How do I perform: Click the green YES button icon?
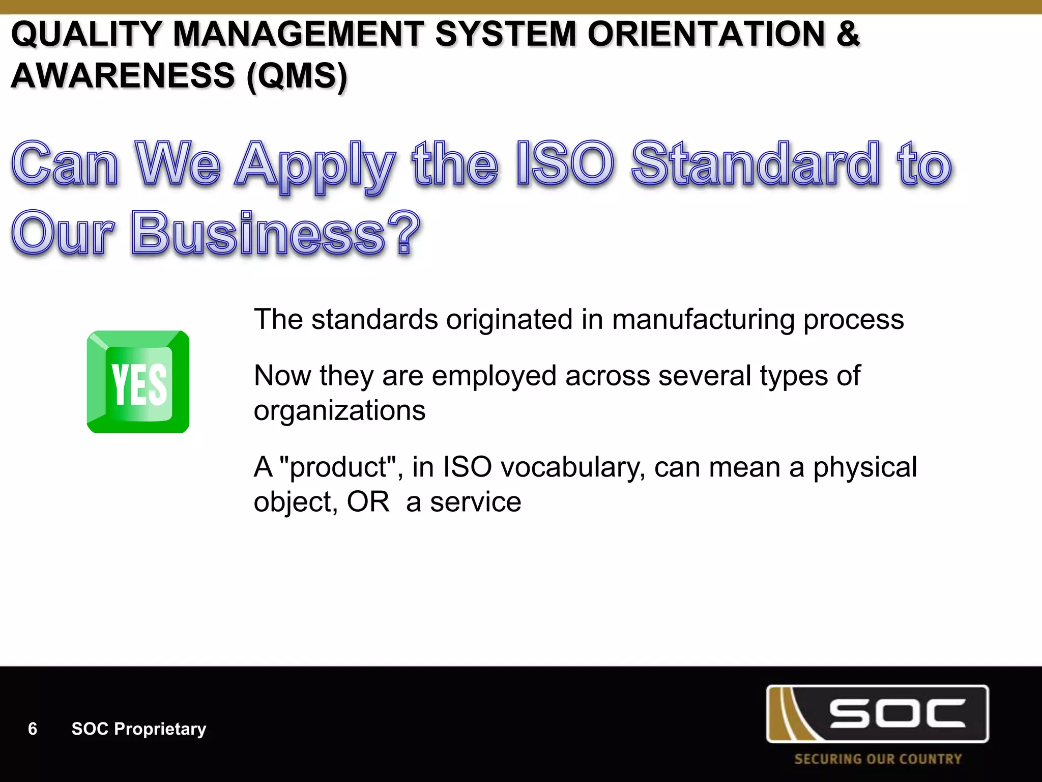(138, 382)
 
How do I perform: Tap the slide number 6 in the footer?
(33, 729)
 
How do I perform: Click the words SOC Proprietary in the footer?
(139, 729)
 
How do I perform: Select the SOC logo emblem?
(877, 713)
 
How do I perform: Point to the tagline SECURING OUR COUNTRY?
(878, 759)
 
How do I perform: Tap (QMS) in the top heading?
(297, 76)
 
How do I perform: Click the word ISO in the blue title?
(565, 164)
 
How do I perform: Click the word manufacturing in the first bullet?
(703, 320)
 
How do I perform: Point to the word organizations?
(339, 411)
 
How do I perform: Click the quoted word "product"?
(338, 467)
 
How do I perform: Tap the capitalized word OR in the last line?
(368, 502)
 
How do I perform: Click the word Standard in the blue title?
(755, 164)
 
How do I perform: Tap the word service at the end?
(475, 502)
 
